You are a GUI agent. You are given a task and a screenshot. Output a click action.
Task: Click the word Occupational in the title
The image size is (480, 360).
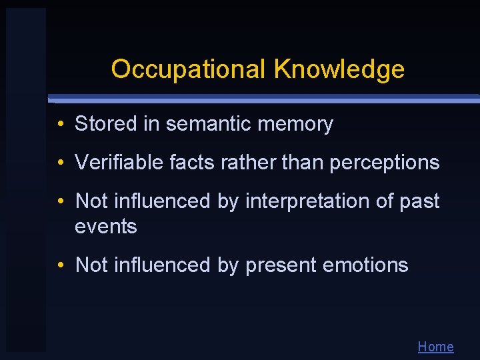(189, 69)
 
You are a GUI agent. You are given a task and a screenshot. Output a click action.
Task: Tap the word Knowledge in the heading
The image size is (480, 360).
(339, 69)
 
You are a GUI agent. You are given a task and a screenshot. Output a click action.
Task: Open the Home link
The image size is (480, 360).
(435, 347)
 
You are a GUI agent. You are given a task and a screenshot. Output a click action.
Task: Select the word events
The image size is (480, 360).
(106, 227)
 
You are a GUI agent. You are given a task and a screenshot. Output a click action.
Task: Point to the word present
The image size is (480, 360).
(281, 265)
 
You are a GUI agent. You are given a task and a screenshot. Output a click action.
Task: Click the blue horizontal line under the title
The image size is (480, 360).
(267, 99)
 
